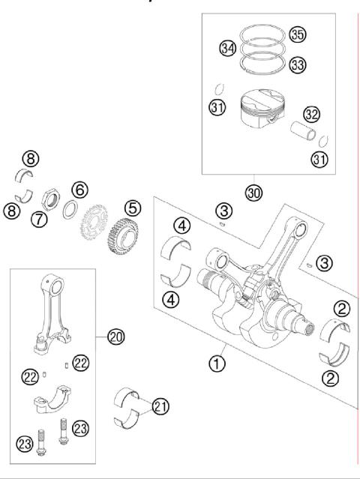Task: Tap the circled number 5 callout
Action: point(132,208)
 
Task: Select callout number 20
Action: point(115,337)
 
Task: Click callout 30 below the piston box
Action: point(254,193)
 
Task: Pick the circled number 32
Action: point(312,114)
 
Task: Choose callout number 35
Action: point(298,35)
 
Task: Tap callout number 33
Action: point(298,65)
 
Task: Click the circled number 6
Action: point(79,189)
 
